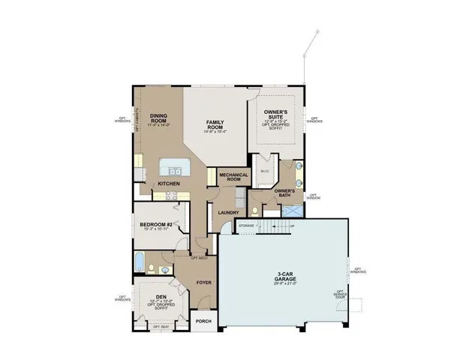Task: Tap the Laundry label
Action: [228, 212]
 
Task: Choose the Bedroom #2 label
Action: [157, 225]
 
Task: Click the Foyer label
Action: [203, 283]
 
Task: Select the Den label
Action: [161, 297]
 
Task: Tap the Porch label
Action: [203, 321]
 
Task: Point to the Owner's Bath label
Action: [284, 191]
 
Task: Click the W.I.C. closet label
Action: [264, 170]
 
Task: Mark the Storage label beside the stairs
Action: [246, 224]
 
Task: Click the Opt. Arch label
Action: [199, 258]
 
